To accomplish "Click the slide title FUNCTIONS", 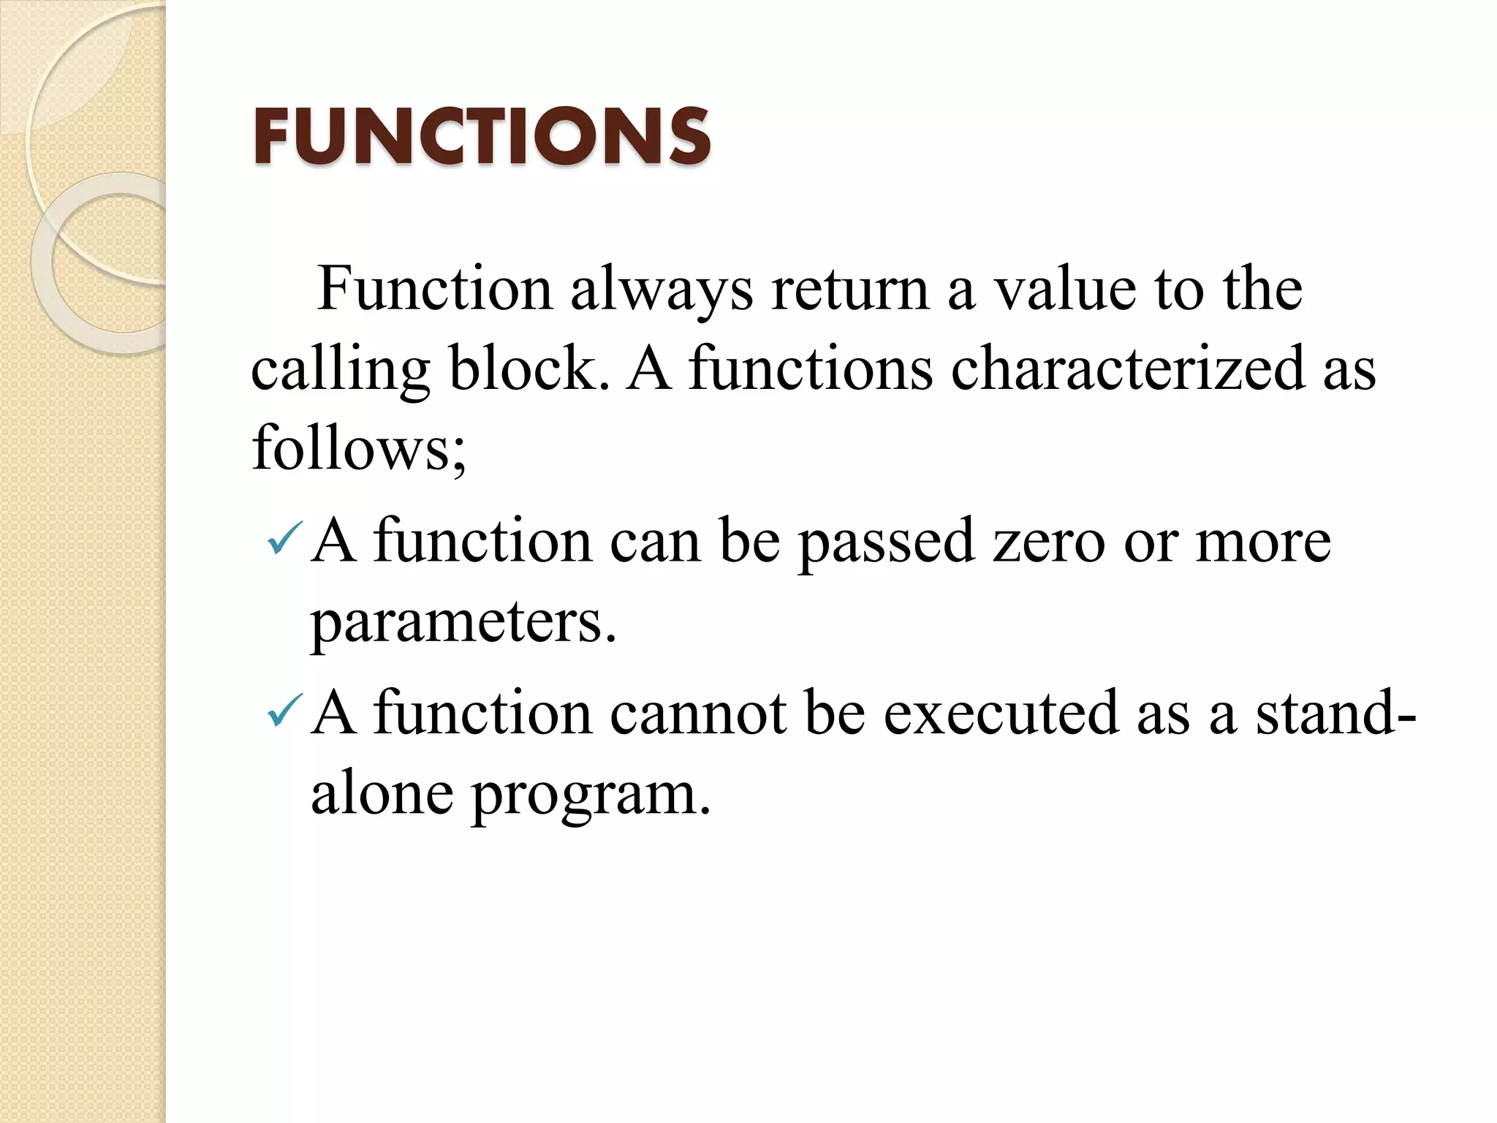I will tap(482, 137).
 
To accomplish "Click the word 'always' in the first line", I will tap(662, 290).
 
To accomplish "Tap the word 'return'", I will tap(850, 290).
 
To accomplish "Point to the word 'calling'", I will tap(340, 369).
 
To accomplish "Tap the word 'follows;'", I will tap(359, 447).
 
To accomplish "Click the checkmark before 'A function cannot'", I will tap(284, 711).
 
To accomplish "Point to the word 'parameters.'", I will tap(463, 623).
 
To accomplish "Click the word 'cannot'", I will tap(698, 714).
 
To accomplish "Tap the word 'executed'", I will tap(1001, 714).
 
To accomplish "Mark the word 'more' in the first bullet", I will tap(1263, 542).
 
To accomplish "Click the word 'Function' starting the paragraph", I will tap(435, 290).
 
